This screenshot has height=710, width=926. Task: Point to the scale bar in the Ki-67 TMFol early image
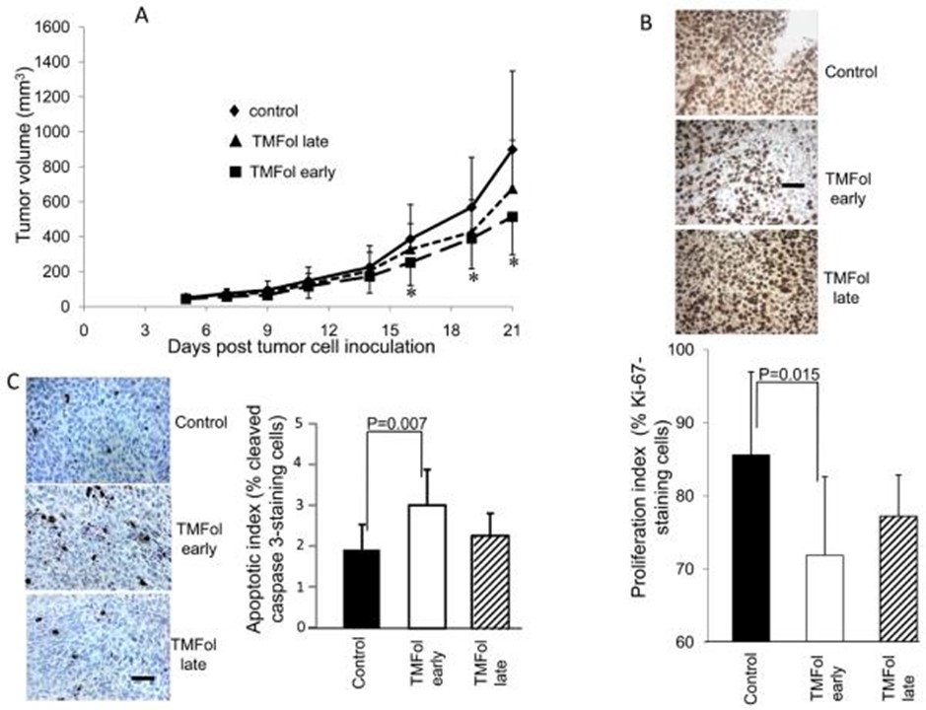coord(791,183)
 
